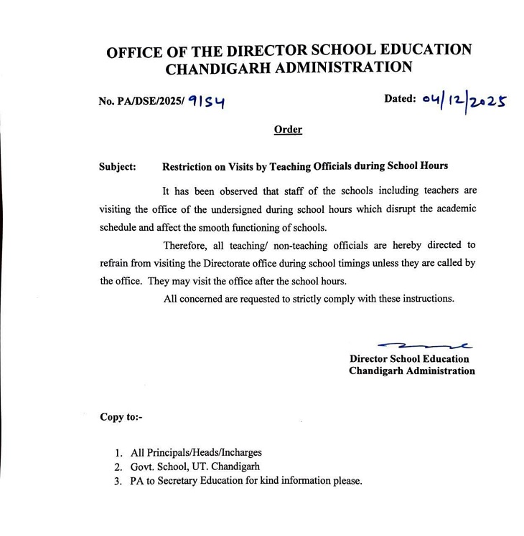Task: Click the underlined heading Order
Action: point(288,130)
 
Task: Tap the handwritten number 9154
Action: point(207,103)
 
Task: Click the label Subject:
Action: point(118,166)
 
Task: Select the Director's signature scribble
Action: point(424,345)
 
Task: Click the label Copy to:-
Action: point(121,416)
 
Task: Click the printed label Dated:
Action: point(400,99)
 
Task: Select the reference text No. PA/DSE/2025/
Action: point(141,102)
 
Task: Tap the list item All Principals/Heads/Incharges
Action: point(196,453)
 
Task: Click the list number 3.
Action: point(118,481)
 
